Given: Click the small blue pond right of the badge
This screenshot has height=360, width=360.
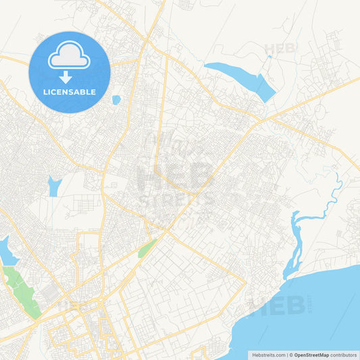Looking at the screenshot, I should click(x=116, y=100).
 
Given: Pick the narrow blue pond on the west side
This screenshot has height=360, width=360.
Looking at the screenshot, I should click(x=53, y=186).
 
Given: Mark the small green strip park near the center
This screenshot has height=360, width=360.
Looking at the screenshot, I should click(x=147, y=248).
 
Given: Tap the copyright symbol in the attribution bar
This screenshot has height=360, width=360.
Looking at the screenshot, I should click(x=291, y=354).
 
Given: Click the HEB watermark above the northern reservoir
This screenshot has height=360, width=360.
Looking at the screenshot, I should click(x=280, y=49).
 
